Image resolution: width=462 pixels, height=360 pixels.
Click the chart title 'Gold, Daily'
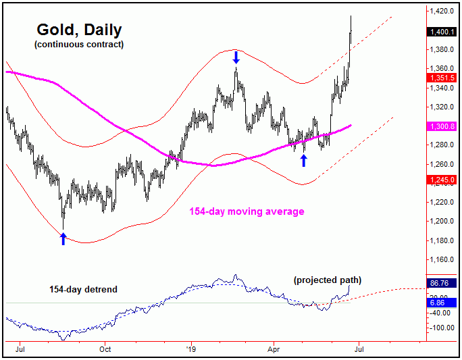(78, 30)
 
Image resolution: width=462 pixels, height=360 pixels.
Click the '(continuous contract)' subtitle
(78, 45)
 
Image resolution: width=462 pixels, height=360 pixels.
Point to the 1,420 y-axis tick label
(441, 11)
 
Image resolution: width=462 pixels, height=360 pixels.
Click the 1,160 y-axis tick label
(441, 259)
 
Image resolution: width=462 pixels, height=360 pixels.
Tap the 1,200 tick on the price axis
(441, 222)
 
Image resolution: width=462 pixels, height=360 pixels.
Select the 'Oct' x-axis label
(105, 350)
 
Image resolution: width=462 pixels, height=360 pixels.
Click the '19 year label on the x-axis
(191, 350)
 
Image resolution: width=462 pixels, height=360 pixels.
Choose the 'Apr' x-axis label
(276, 350)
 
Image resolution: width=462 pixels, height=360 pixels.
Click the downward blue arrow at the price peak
(236, 58)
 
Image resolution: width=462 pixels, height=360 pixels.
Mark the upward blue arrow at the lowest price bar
(63, 238)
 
